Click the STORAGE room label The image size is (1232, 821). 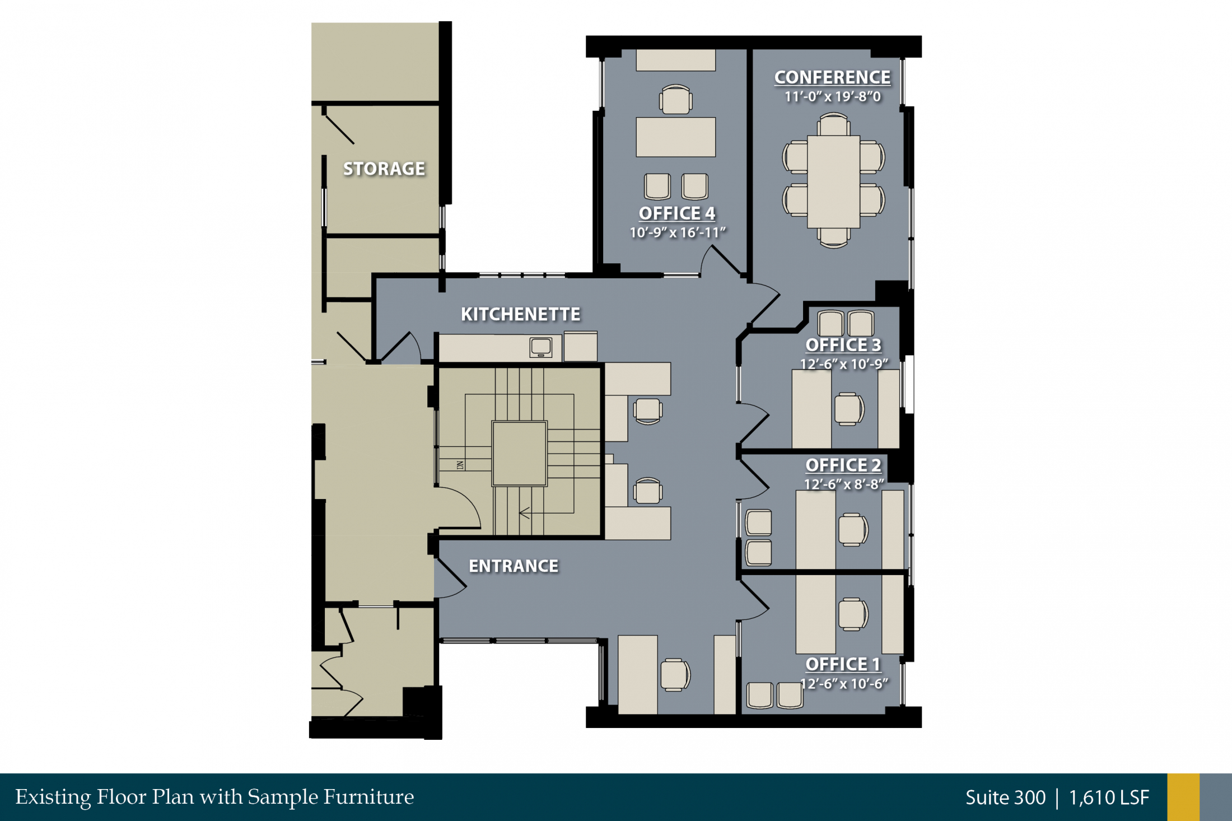(x=384, y=169)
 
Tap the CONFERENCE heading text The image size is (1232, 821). (x=832, y=77)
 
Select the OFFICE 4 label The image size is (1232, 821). (x=677, y=213)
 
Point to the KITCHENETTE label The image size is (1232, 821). (x=520, y=314)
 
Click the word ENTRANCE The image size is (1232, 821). (x=514, y=566)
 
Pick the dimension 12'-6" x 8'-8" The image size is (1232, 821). (x=844, y=484)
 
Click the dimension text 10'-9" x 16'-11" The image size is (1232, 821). (x=678, y=232)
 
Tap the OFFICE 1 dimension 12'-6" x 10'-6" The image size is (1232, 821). (x=844, y=684)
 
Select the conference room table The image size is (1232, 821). (x=833, y=181)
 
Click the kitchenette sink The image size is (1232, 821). (x=541, y=347)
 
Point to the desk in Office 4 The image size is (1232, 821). (x=675, y=137)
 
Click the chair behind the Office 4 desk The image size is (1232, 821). (x=676, y=99)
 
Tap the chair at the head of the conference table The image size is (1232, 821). (x=833, y=124)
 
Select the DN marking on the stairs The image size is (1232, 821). (x=460, y=465)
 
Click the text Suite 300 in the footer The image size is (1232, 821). (x=1005, y=797)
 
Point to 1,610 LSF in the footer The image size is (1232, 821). (x=1109, y=797)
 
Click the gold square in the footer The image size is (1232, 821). (x=1183, y=797)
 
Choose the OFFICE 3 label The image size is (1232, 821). (x=843, y=345)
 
